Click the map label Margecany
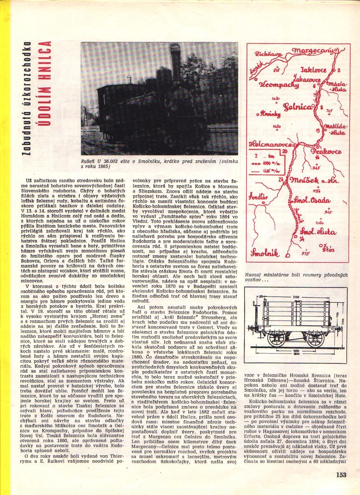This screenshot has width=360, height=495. [x=318, y=50]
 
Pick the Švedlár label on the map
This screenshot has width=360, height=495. [x=258, y=197]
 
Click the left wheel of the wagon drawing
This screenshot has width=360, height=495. [x=275, y=339]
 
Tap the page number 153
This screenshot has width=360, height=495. [x=341, y=475]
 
